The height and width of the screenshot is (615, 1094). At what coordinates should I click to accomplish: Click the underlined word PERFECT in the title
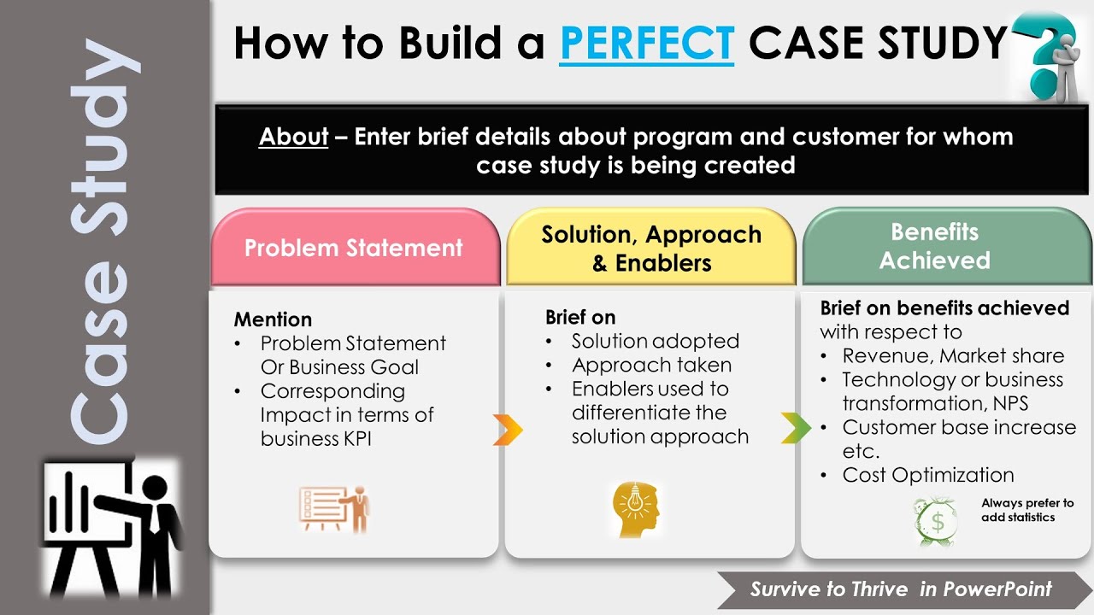646,43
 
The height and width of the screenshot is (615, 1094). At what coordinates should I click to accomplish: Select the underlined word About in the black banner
293,137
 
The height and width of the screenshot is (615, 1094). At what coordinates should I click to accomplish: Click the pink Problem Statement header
354,249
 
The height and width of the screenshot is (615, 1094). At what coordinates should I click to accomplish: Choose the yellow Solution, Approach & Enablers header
651,249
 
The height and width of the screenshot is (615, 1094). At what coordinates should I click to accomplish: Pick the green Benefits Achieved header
934,247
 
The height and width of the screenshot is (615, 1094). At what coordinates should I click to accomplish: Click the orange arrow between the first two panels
507,430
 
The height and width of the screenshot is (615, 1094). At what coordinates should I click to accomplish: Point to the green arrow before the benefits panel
795,428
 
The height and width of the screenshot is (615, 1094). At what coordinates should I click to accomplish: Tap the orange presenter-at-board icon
334,509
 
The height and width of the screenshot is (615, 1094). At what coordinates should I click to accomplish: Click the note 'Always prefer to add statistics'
1026,510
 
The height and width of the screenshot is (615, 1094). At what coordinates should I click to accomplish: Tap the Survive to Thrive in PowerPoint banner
901,589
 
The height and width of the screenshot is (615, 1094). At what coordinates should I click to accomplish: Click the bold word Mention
273,319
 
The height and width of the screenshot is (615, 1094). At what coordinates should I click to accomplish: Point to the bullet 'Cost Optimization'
927,475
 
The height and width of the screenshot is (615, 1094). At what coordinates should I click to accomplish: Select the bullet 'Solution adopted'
655,341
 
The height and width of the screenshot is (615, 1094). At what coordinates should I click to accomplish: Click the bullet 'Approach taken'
651,365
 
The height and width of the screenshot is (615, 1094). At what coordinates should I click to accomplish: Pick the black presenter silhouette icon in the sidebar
111,530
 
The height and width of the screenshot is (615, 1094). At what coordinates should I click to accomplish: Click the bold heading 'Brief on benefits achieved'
944,307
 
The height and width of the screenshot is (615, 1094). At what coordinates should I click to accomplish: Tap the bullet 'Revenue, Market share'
953,355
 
